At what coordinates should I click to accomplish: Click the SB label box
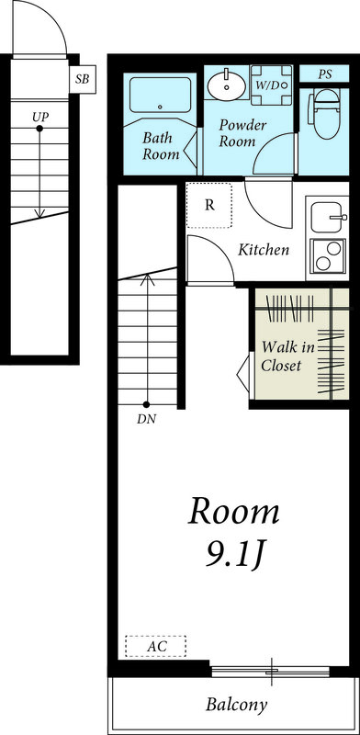coord(82,79)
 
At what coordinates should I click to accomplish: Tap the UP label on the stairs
coord(39,117)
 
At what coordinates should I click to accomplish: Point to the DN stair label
coord(146,420)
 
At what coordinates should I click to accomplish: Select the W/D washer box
coord(271,85)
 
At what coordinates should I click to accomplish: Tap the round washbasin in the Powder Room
coord(226,85)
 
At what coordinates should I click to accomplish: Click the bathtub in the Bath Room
coord(162,95)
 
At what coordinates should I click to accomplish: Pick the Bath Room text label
coord(162,145)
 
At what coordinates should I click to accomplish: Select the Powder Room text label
coord(242,133)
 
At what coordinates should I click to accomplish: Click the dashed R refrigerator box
coord(210,205)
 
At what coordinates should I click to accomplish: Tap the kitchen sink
coord(328,217)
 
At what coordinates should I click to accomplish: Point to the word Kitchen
coord(264,249)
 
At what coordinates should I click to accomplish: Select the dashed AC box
coord(156,646)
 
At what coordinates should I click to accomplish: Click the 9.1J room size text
coord(233,554)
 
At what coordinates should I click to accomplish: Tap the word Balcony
coord(236,706)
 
